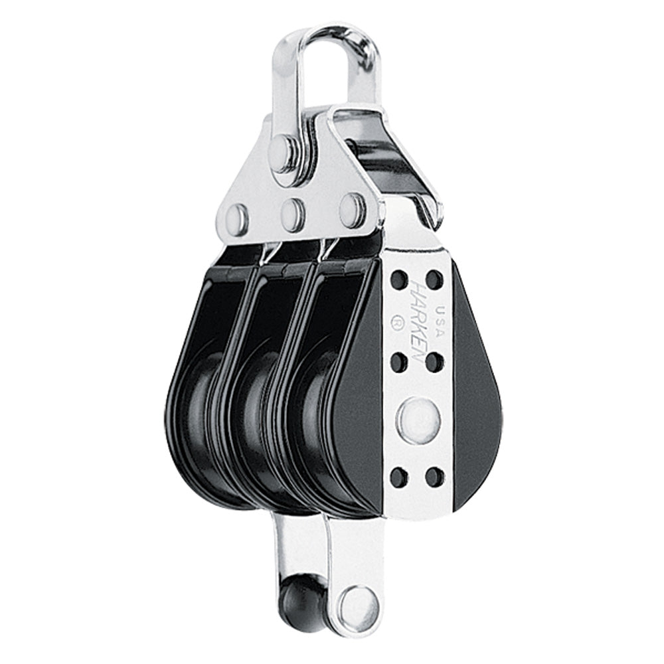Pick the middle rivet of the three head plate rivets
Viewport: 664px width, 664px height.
pyautogui.click(x=293, y=214)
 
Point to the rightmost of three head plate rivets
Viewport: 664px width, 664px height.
pyautogui.click(x=353, y=208)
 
